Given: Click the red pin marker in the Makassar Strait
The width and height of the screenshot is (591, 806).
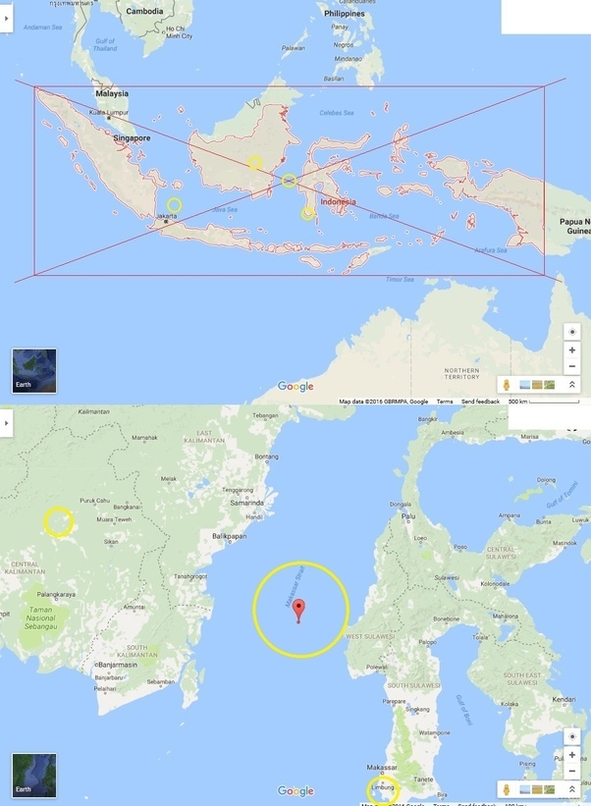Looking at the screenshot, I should pos(298,607).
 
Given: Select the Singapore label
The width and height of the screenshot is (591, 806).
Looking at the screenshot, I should pos(132,138).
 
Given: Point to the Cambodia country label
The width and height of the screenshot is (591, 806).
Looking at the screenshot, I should pos(144,11).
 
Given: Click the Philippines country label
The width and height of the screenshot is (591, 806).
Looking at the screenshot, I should pos(344,14).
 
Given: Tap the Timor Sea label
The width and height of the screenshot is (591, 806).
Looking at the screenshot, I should pos(400,279).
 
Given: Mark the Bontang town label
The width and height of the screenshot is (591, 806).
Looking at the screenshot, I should pos(265,457).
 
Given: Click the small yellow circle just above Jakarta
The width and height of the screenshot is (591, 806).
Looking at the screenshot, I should pos(174,205).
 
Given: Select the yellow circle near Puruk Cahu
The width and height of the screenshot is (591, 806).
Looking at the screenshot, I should pos(58,521).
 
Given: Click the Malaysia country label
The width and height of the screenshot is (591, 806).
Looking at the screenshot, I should pos(112,93).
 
